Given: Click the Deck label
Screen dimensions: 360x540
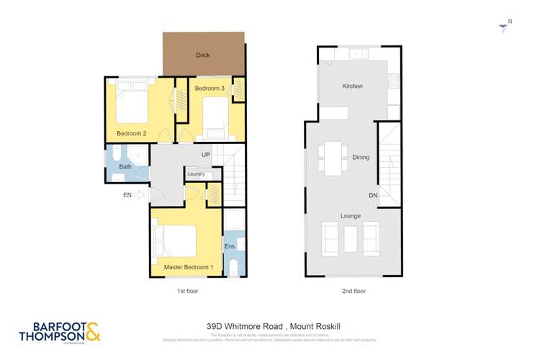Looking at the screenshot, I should [203, 55].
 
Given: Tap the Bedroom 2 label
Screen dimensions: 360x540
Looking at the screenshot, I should [132, 133].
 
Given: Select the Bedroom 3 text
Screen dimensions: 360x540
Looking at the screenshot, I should [210, 88].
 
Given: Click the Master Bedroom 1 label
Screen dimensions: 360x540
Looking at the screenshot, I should [189, 267].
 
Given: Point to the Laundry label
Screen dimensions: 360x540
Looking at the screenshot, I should [196, 174].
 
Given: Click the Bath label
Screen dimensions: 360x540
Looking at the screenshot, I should [125, 167].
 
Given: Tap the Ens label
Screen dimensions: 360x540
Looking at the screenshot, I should [230, 246].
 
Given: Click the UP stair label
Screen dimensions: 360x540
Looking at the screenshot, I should [206, 155].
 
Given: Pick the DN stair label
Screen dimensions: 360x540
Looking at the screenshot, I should [372, 195].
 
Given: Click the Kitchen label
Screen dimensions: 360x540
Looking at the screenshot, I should [352, 86].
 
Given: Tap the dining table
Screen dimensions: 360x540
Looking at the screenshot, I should [333, 158].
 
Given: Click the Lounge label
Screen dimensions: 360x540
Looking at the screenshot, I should [351, 216].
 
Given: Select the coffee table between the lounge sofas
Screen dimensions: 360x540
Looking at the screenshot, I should [351, 239].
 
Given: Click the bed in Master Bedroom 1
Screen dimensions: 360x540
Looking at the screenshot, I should [176, 241].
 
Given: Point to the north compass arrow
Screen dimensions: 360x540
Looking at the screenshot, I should [503, 27].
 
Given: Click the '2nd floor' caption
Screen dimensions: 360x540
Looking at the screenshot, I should [353, 291].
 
